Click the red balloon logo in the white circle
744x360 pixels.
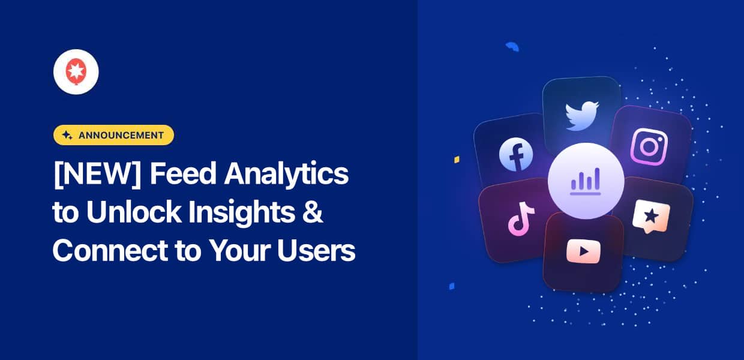[76, 72]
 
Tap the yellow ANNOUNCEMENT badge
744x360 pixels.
[113, 135]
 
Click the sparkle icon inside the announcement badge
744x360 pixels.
[67, 135]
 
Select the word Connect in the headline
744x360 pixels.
[106, 252]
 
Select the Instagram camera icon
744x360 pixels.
[649, 147]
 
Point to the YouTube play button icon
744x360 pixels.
[583, 251]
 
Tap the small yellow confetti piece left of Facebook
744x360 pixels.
[457, 160]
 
